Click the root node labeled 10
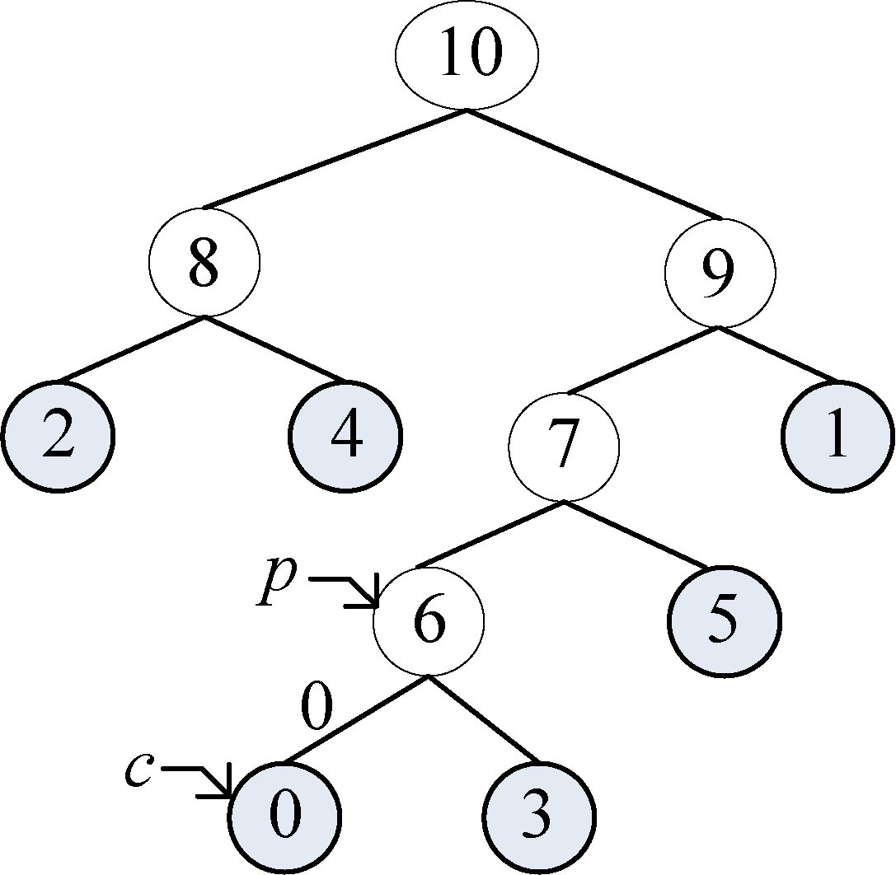click(467, 55)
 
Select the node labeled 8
click(204, 262)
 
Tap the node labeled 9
click(720, 274)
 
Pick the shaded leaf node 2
click(57, 436)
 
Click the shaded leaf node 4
click(346, 436)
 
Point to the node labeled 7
click(564, 446)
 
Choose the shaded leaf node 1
click(837, 436)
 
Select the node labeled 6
click(429, 621)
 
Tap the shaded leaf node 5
click(724, 621)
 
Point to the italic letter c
click(138, 768)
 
